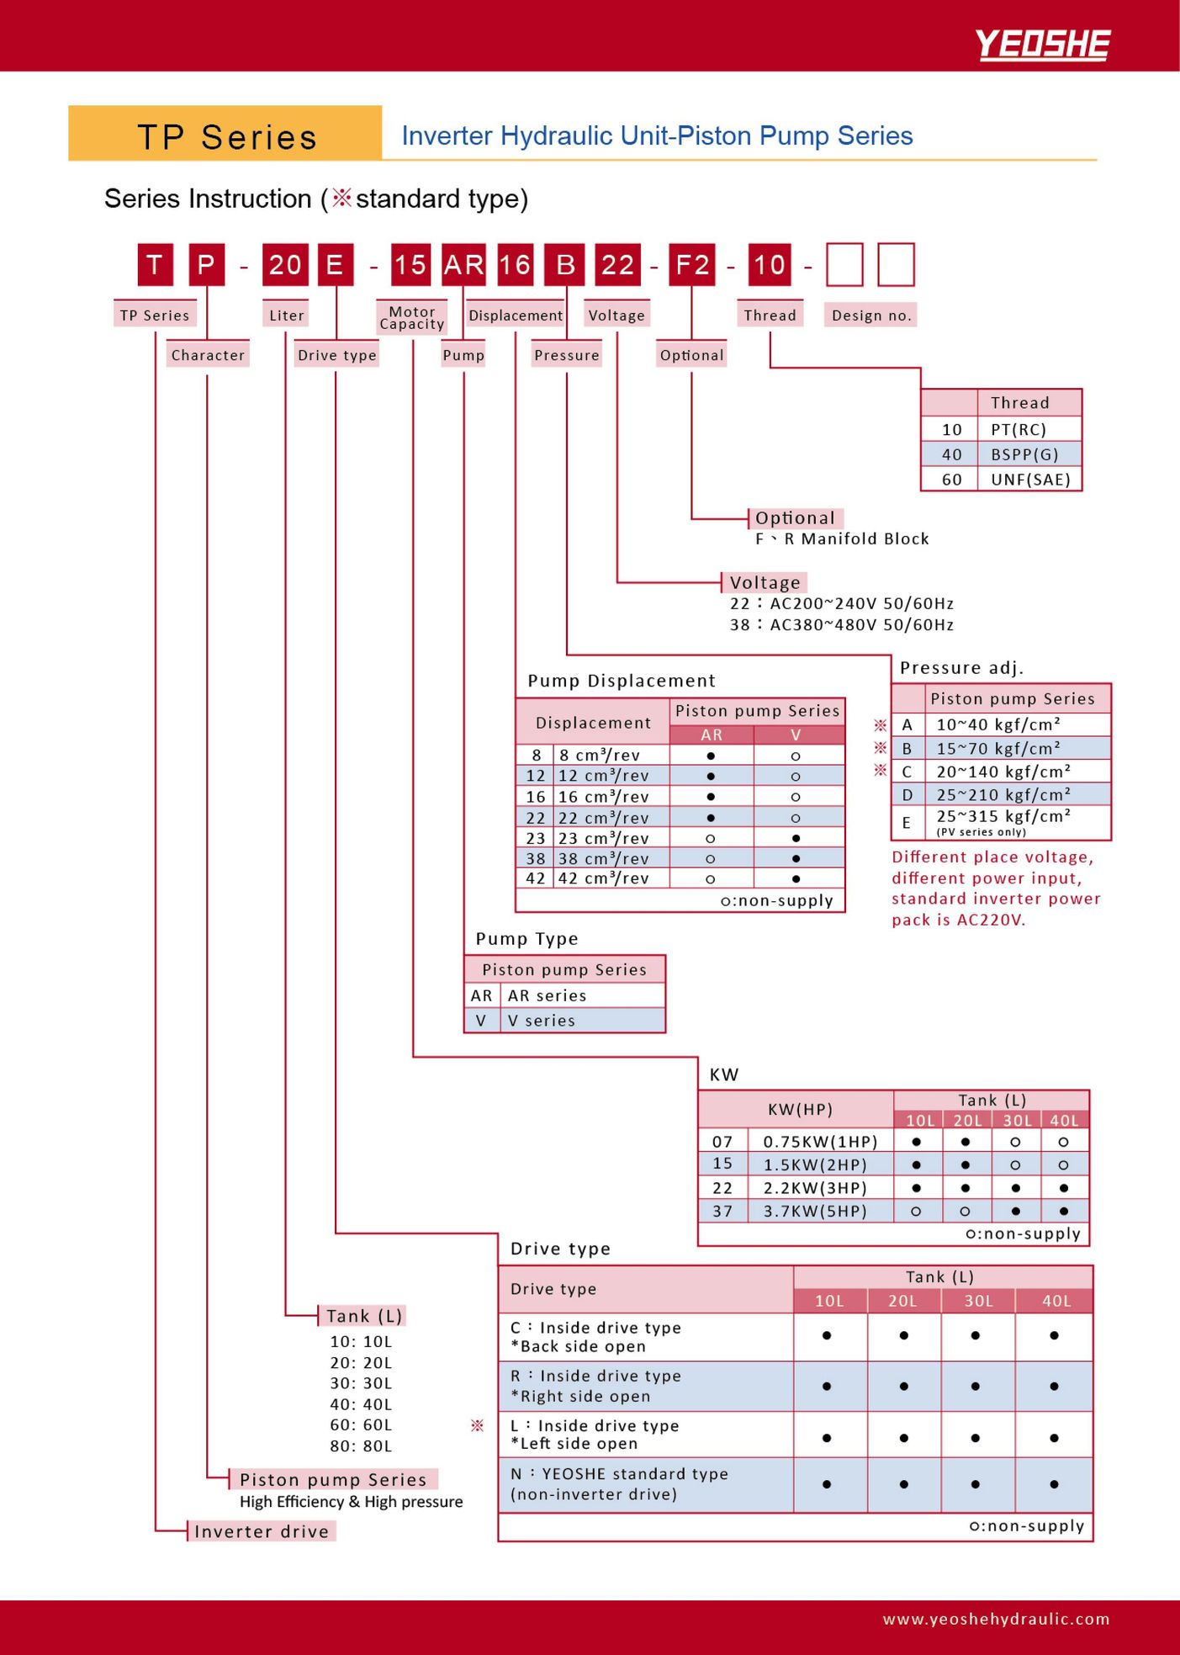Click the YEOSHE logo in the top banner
pos(1042,45)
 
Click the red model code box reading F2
pos(691,265)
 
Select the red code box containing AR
pos(463,265)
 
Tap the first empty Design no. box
pos(844,265)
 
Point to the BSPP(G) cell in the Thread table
pos(1024,454)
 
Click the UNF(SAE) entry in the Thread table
pos(1030,480)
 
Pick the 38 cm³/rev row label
pos(604,858)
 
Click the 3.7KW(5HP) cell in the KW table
pos(815,1211)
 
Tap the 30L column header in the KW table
pos(1017,1120)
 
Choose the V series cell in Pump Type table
pos(542,1021)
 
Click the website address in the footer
pos(996,1619)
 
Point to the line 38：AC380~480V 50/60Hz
pos(842,624)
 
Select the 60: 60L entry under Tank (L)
pos(361,1425)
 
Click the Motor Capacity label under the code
pos(412,318)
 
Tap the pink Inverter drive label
pos(262,1531)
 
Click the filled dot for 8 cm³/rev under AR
pos(712,756)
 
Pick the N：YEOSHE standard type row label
pos(619,1484)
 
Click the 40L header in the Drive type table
pos(1056,1301)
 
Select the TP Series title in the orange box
pos(227,136)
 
